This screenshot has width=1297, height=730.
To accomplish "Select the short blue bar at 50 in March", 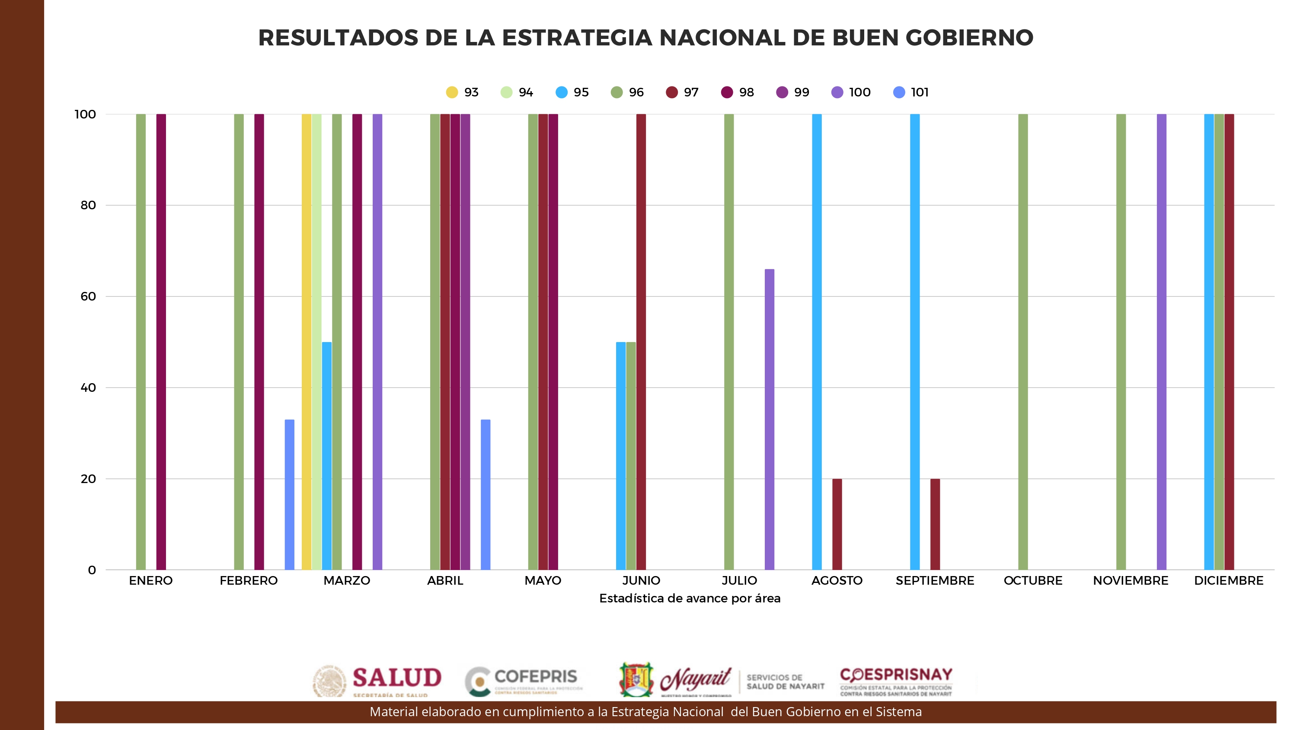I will coord(327,456).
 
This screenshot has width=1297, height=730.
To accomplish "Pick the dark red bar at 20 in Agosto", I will coord(837,524).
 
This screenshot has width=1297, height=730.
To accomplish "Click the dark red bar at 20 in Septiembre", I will coord(935,524).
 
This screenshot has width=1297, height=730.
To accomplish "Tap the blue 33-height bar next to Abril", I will coord(486,494).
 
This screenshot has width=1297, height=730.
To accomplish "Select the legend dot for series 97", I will coord(672,92).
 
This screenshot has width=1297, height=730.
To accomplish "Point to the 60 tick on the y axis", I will coord(88,296).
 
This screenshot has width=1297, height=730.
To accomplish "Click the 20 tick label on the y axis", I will coord(88,479).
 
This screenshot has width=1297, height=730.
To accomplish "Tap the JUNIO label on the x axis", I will coord(641,580).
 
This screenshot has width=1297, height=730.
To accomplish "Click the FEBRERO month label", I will coord(249,580).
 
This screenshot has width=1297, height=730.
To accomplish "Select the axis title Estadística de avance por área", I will coord(690,598).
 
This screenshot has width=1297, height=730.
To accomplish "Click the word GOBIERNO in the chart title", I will coord(969,38).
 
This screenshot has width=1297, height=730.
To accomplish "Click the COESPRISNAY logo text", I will coord(896,675).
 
